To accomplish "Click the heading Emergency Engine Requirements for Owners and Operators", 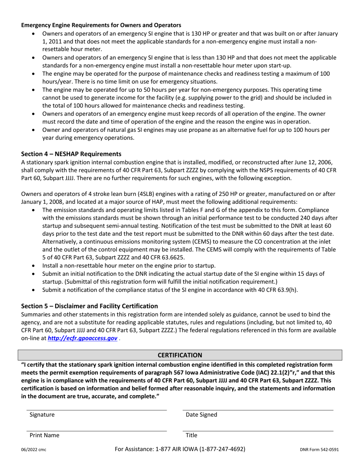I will [x=101, y=25].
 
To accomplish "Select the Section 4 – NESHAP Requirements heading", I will [x=71, y=154].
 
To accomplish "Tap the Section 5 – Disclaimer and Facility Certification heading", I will [x=89, y=306].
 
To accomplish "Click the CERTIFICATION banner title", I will [x=180, y=355].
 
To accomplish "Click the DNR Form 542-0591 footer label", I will [x=319, y=450].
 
